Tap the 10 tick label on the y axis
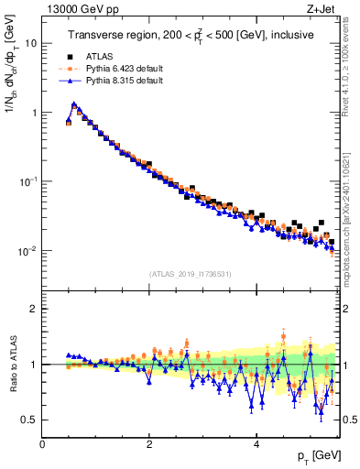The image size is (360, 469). pyautogui.click(x=31, y=43)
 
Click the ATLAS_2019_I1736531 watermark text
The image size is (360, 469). pyautogui.click(x=191, y=273)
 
